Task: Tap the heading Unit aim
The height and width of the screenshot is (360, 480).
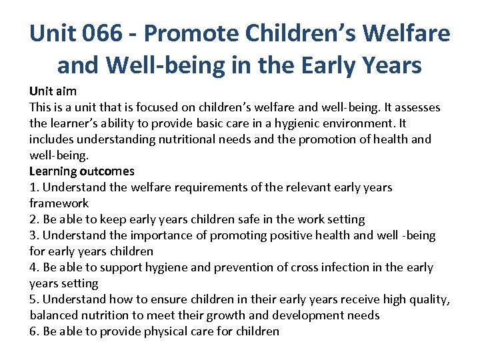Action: [53, 91]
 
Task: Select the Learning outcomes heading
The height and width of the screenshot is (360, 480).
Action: [81, 171]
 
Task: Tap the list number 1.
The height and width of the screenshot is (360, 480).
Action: [33, 187]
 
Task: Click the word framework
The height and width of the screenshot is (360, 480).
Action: [59, 203]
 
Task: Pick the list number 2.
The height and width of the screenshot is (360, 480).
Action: [33, 219]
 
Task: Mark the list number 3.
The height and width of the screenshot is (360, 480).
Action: [33, 235]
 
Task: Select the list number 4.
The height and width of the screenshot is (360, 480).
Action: [33, 267]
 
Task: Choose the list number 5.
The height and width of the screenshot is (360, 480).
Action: [33, 299]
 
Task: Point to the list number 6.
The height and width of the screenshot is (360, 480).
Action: [33, 331]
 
